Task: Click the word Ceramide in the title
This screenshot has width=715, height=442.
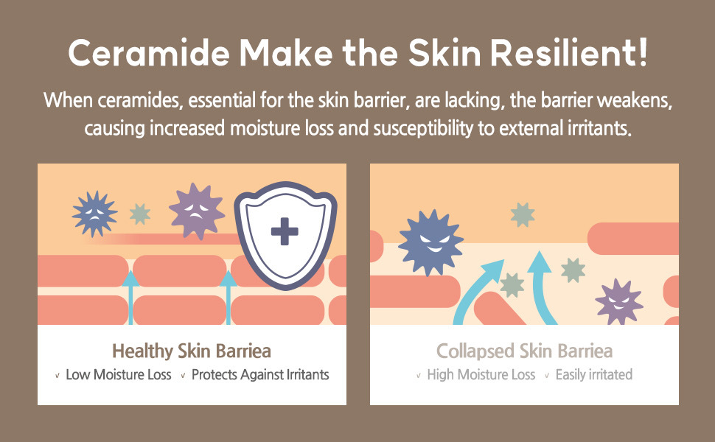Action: (x=149, y=53)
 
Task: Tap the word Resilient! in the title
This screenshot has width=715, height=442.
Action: (x=568, y=53)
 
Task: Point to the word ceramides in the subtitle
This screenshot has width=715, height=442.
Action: (x=140, y=100)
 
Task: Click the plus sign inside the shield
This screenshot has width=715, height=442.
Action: (x=285, y=231)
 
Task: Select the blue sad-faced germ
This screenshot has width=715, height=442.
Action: (x=94, y=214)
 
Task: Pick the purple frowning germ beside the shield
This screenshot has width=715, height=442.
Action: (x=197, y=211)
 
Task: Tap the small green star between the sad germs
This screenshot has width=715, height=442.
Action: (x=139, y=214)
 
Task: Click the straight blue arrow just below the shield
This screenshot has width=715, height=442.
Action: (x=228, y=298)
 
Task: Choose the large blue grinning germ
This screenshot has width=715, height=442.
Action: (x=430, y=243)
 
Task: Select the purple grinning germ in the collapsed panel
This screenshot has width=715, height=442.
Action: (x=618, y=301)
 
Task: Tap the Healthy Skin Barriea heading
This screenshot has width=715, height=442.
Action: (x=192, y=351)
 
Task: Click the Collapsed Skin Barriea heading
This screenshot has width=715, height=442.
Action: (x=524, y=351)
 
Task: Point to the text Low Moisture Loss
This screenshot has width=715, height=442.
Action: (x=119, y=374)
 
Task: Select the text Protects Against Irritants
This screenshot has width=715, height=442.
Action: (x=260, y=374)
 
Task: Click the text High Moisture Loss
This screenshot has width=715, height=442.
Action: (x=481, y=374)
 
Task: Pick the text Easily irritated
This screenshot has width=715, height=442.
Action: (x=593, y=374)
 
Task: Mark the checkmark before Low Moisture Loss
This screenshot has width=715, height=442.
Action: (x=57, y=376)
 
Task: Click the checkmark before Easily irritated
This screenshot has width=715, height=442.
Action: (x=546, y=376)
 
